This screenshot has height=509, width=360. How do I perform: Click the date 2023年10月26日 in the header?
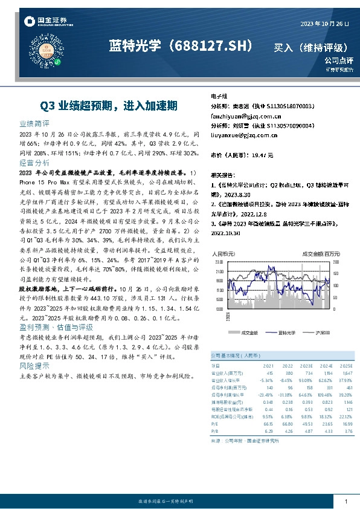click(x=325, y=23)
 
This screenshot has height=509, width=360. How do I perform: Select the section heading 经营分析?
click(x=34, y=163)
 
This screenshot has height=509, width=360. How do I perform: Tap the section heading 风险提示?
click(x=34, y=366)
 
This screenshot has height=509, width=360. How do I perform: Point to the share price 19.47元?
click(x=262, y=155)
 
